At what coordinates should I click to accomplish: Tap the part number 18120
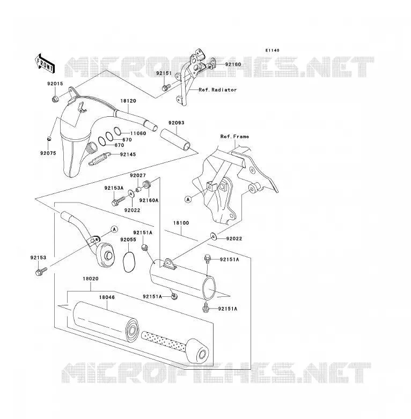tap(128, 101)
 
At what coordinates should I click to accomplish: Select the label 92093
tap(177, 123)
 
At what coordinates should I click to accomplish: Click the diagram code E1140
tap(273, 50)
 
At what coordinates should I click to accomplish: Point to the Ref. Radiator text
tap(217, 90)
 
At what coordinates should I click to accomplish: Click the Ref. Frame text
tap(234, 137)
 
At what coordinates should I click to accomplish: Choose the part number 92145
tap(128, 154)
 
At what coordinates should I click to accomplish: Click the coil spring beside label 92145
tap(99, 159)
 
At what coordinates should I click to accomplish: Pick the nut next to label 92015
tap(55, 100)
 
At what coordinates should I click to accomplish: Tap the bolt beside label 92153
tap(41, 272)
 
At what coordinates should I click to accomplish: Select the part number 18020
tap(91, 279)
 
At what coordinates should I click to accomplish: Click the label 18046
tap(107, 297)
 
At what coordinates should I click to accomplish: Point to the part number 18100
tap(181, 223)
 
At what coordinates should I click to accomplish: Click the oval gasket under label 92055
tap(129, 263)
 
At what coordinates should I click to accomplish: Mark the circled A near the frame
tap(188, 199)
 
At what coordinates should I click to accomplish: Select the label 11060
tap(138, 133)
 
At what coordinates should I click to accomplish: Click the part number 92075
tap(48, 153)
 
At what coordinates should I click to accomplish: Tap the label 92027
tap(138, 175)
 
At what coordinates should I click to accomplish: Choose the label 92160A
tap(149, 200)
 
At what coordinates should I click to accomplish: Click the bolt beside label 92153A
tap(118, 201)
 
